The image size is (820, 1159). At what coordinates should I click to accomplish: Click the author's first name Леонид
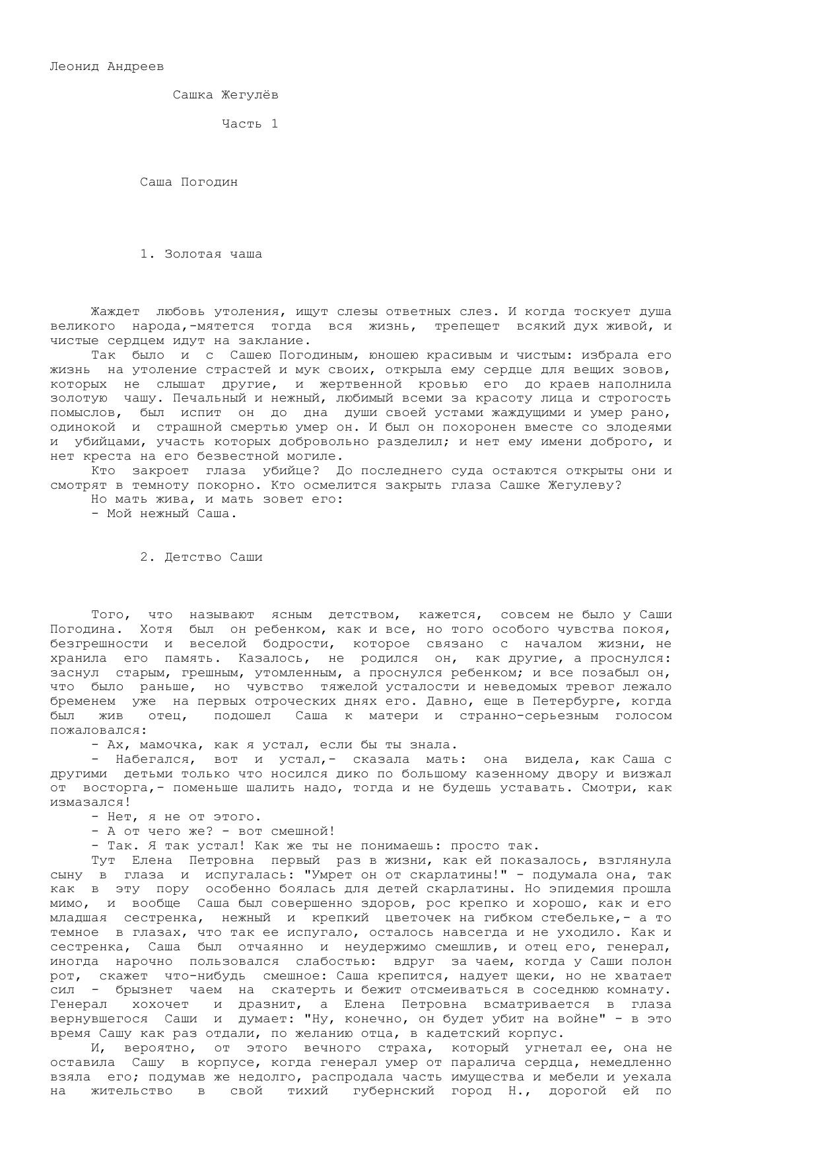point(74,66)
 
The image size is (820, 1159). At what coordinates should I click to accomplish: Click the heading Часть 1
point(250,123)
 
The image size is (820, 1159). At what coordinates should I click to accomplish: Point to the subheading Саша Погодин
point(188,182)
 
